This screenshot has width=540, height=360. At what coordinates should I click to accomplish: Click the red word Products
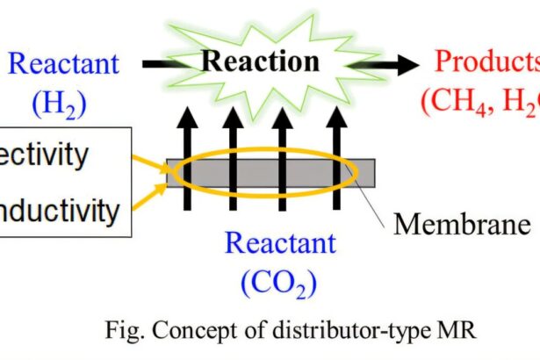click(x=487, y=61)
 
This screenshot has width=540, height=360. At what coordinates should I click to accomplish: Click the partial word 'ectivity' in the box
click(x=44, y=155)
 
